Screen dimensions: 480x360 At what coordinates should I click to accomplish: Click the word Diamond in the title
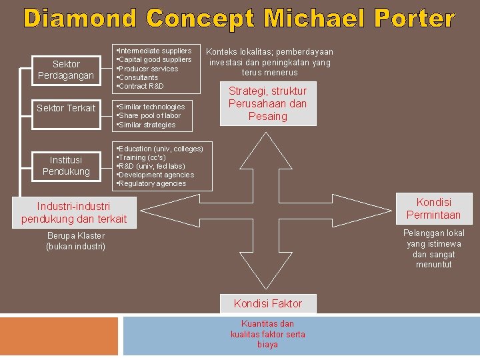(x=79, y=18)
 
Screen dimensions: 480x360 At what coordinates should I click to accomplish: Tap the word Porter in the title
(x=414, y=18)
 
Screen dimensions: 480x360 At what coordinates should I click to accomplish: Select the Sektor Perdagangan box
(x=66, y=69)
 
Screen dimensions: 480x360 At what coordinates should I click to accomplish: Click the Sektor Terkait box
(x=66, y=108)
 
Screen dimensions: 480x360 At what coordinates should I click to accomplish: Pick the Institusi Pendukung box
(x=66, y=165)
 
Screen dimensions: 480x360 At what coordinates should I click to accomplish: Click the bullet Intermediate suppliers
(x=155, y=51)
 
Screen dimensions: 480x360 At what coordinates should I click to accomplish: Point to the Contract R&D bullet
(x=141, y=86)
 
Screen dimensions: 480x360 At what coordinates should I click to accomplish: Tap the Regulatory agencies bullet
(x=153, y=183)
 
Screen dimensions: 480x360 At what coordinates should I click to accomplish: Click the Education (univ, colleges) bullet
(x=161, y=148)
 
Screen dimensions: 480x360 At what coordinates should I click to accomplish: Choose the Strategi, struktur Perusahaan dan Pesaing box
(x=267, y=103)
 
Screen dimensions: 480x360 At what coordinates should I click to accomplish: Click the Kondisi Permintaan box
(x=433, y=208)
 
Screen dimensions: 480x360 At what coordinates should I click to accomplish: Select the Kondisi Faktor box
(x=267, y=303)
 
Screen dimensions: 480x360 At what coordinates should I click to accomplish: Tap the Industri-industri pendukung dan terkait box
(x=74, y=213)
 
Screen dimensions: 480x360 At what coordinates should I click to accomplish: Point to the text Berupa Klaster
(x=76, y=235)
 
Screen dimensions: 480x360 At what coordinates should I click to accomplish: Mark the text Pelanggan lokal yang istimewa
(x=433, y=239)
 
